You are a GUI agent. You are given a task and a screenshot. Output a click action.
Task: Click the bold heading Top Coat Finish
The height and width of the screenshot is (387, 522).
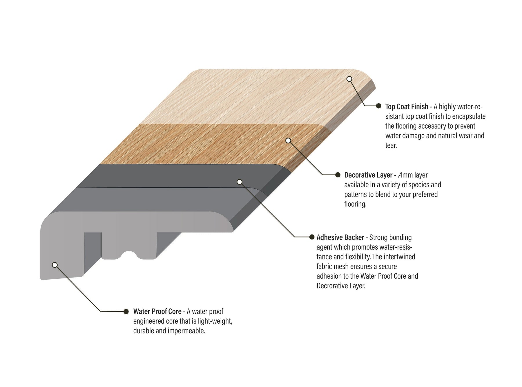click(407, 107)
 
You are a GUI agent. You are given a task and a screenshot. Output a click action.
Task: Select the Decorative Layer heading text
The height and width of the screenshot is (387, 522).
click(368, 175)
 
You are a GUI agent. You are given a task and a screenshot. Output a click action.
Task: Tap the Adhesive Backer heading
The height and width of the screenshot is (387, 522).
click(340, 237)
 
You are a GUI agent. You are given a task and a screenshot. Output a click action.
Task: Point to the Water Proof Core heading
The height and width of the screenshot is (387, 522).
click(157, 312)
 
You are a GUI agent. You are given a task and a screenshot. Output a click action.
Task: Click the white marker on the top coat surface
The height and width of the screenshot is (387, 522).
click(349, 79)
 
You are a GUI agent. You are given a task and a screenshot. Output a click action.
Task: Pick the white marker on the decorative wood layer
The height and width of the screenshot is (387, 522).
click(288, 141)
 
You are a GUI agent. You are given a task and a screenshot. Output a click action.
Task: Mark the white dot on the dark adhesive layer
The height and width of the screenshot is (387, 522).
click(239, 182)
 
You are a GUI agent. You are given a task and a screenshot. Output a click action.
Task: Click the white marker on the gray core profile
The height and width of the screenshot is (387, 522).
click(55, 265)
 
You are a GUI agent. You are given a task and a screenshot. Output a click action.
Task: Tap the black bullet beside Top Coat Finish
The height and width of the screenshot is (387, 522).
click(378, 106)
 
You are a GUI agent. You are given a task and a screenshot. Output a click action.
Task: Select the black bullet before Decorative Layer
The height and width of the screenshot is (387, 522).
click(338, 175)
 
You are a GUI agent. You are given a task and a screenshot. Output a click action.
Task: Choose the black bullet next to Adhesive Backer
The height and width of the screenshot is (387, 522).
click(312, 237)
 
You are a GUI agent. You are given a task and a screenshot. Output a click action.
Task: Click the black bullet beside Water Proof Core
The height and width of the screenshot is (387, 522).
click(126, 311)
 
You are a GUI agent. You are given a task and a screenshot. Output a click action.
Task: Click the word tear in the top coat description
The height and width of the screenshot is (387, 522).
click(391, 145)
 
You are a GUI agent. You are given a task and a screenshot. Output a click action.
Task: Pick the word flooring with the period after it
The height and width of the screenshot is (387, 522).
click(356, 204)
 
